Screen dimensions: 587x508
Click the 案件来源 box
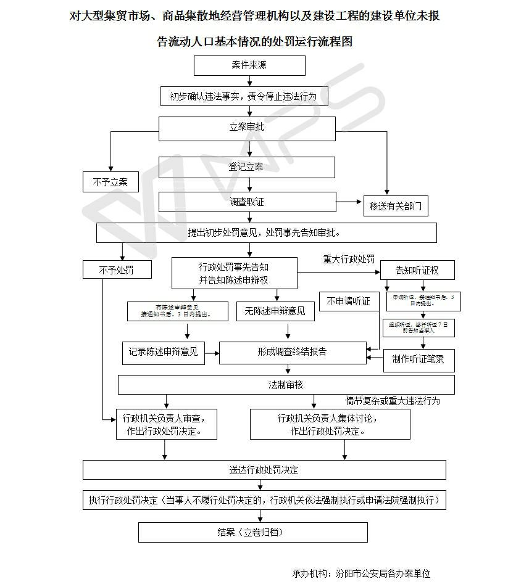[x=249, y=65]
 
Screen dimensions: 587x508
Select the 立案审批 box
[x=247, y=128]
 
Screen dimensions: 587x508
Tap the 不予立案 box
[x=110, y=182]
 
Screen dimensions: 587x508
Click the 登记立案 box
[x=247, y=167]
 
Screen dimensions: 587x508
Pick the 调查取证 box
[x=247, y=202]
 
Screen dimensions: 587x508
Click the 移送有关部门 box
[x=396, y=207]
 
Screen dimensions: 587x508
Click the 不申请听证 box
[x=349, y=301]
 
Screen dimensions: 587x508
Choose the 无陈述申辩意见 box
[x=271, y=311]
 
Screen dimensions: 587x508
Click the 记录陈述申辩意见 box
[x=163, y=352]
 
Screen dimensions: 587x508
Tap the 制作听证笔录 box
[x=418, y=359]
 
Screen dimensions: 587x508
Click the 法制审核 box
[x=286, y=385]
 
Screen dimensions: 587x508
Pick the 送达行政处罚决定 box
[x=264, y=470]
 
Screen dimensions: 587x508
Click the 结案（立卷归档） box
[x=252, y=532]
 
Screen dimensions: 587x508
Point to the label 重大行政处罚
[x=349, y=260]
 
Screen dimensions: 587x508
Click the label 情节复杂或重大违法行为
[x=393, y=401]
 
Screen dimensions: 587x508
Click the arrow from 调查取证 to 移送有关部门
[x=349, y=202]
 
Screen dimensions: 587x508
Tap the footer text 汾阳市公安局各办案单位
[x=383, y=573]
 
